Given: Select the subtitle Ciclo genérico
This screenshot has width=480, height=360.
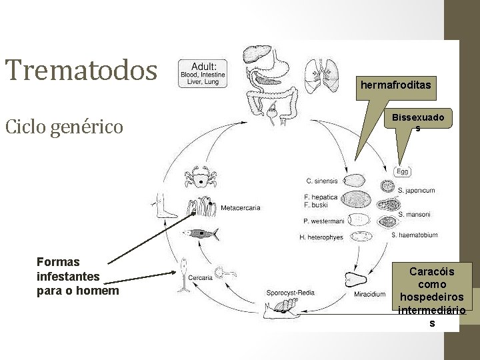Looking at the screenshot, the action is tap(64, 125).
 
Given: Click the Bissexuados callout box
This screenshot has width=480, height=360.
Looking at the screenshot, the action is tap(417, 122).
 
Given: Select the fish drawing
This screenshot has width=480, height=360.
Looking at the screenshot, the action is tap(199, 234).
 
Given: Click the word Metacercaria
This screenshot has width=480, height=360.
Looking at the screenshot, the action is tap(240, 208).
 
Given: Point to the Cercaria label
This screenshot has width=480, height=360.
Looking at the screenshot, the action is tap(201, 278).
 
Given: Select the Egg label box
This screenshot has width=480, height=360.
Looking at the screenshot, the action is tap(403, 171).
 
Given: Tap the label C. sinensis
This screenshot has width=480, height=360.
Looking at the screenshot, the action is tap(323, 181).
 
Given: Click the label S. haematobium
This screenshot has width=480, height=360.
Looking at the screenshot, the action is tap(414, 235).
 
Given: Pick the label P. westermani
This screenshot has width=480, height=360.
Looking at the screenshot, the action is tap(323, 221).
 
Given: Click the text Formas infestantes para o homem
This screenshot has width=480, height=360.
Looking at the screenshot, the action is tap(68, 277).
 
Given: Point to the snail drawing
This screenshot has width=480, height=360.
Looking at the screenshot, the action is tap(281, 307).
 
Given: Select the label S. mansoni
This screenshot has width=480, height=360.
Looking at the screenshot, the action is tap(414, 214).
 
